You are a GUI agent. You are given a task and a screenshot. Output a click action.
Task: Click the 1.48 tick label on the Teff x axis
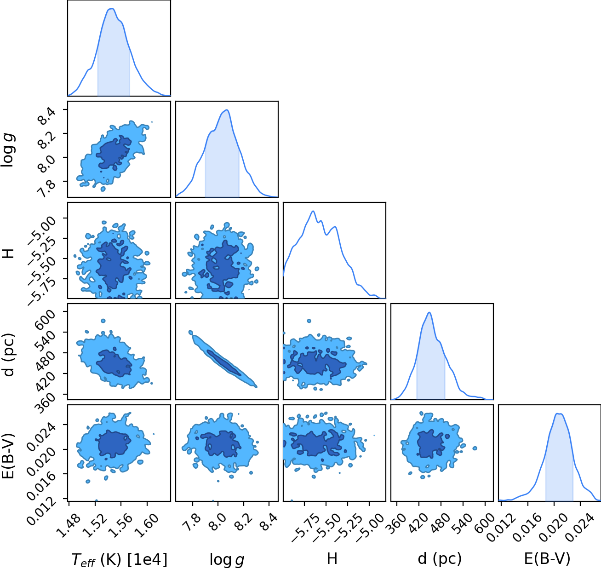point(69,526)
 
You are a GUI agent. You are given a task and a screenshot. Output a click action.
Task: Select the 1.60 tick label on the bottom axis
point(147,526)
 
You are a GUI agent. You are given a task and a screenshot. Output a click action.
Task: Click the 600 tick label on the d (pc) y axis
point(45,319)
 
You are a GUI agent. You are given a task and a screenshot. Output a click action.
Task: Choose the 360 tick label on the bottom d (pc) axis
point(397,524)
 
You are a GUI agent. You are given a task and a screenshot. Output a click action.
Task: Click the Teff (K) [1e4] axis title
point(119,559)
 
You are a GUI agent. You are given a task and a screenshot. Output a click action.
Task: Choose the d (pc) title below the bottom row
point(440,558)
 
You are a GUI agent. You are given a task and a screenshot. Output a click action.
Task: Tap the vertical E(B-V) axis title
point(8,456)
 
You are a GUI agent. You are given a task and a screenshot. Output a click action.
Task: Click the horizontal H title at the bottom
point(332,558)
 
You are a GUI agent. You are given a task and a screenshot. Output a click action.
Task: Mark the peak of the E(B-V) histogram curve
point(559,414)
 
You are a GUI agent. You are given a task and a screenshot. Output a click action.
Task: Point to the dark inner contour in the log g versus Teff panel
point(114,153)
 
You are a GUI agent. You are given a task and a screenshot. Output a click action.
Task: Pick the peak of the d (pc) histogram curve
point(429,312)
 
